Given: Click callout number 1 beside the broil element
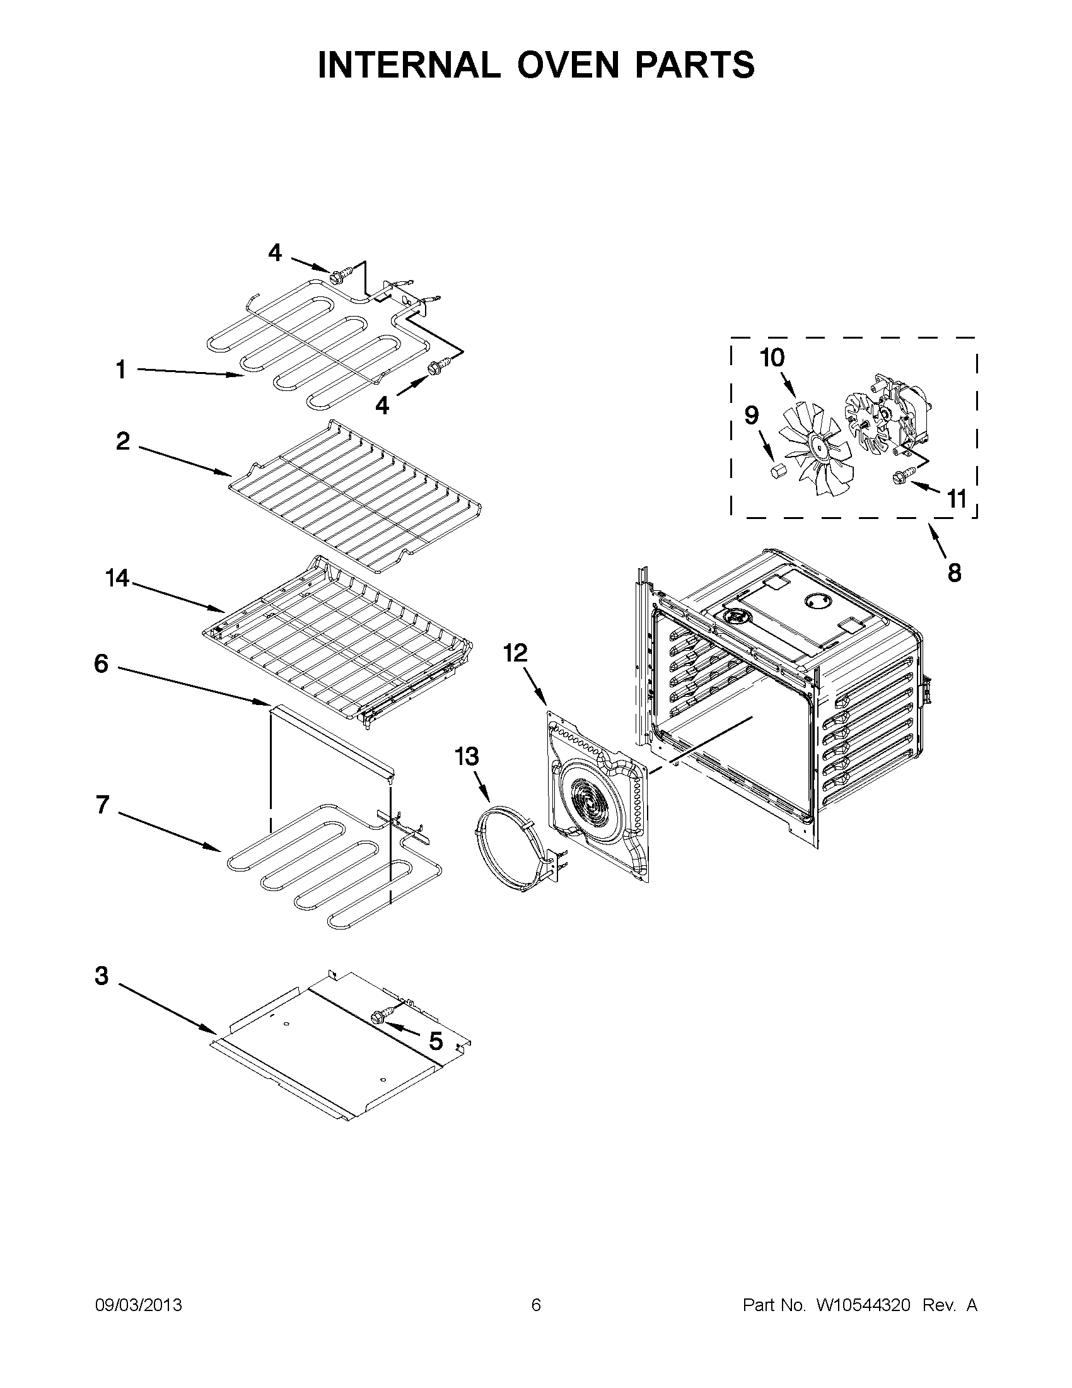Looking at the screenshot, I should [x=120, y=370].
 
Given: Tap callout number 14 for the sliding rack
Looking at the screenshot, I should [x=117, y=578].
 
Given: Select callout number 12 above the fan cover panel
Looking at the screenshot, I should [x=515, y=653].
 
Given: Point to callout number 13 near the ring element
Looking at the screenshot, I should [x=467, y=756].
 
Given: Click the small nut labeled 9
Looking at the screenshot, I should [x=776, y=471].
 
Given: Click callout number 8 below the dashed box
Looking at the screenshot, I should [x=954, y=573].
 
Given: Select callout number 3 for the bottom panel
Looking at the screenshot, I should [x=102, y=976].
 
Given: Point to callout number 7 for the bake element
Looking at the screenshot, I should [x=102, y=805].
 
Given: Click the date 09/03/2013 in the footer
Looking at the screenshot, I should [x=139, y=1305].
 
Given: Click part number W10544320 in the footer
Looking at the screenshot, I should [x=863, y=1305].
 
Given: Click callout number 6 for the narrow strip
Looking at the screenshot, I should [x=102, y=664].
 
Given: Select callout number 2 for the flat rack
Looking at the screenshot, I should [x=122, y=440].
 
